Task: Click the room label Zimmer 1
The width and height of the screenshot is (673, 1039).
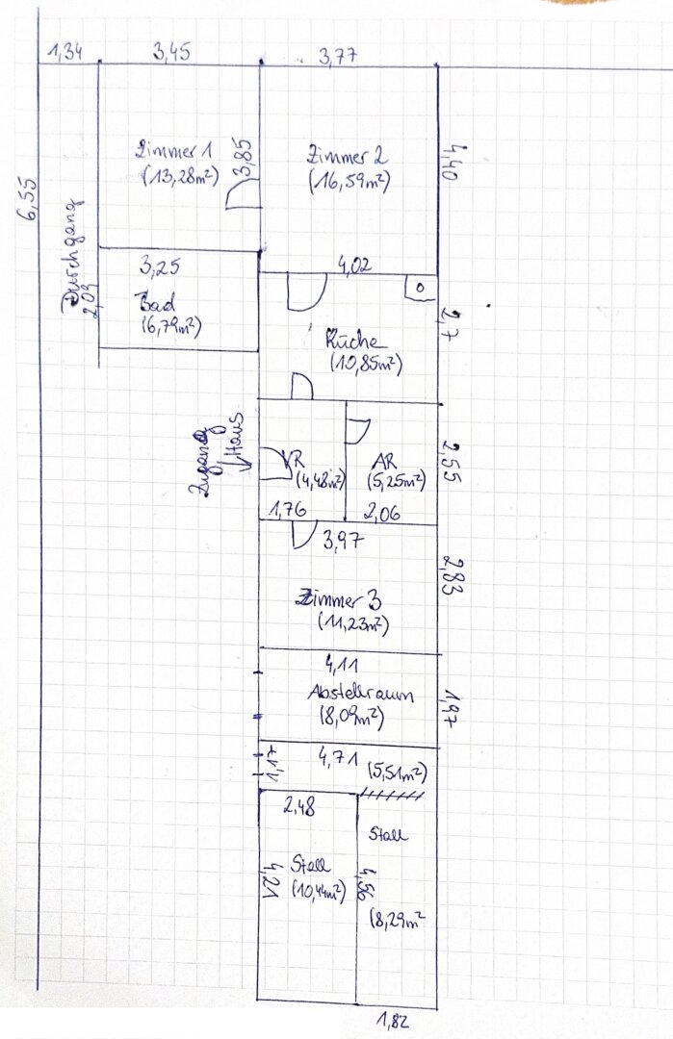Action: [x=175, y=150]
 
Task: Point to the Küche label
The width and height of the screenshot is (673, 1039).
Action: [x=355, y=341]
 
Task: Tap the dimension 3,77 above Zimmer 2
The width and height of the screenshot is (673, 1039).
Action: [x=338, y=56]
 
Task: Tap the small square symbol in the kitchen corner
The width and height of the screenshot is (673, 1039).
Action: [x=422, y=287]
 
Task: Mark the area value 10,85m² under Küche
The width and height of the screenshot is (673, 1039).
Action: [x=365, y=365]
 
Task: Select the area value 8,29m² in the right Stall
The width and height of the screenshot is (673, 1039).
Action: [x=398, y=921]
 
